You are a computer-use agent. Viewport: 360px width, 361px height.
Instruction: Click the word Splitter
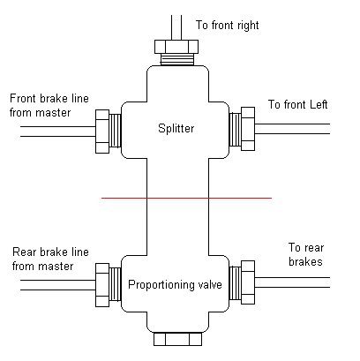click(176, 129)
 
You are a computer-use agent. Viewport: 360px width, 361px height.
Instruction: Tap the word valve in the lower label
click(207, 284)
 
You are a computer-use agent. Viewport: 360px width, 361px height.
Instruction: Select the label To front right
click(228, 26)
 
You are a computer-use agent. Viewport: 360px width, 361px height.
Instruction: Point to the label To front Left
click(297, 104)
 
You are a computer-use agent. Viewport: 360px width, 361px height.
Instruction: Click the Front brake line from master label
click(49, 105)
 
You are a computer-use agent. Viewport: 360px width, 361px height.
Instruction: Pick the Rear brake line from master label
click(50, 259)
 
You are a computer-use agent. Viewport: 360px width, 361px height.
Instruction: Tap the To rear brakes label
click(306, 254)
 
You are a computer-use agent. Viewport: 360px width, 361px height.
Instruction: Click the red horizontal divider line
click(186, 198)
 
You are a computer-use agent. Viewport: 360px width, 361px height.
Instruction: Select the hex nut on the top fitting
click(176, 47)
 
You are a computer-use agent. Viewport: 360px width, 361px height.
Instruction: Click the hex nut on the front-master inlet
click(102, 132)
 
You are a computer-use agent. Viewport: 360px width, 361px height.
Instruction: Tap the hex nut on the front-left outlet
click(248, 129)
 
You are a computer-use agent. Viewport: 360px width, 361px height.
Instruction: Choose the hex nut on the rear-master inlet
click(102, 285)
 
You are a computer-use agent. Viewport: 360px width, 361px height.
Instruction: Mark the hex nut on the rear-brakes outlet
click(248, 282)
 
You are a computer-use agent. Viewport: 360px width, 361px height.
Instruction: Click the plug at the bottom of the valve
click(177, 339)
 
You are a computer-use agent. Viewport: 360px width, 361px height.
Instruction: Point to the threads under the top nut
click(177, 59)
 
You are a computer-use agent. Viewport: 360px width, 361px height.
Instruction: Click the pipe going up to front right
click(176, 27)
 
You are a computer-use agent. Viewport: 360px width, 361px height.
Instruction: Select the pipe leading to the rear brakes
click(292, 282)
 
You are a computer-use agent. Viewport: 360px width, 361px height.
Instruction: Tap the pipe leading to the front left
click(292, 129)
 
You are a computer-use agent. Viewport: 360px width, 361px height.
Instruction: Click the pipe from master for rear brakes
click(58, 285)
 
